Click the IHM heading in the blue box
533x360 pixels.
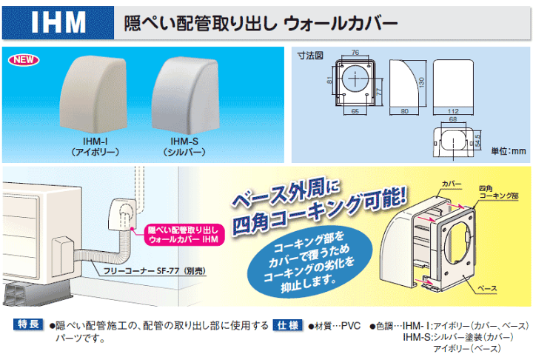58,22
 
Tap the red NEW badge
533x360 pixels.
24,60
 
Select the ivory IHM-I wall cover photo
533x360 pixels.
93,95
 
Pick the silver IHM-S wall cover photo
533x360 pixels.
186,96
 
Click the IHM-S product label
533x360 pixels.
184,141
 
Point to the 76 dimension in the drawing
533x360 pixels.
355,53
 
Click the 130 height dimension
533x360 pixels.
421,82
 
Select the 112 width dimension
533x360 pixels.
453,111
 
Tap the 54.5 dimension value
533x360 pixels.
478,141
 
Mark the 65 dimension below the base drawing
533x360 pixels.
355,111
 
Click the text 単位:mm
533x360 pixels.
508,151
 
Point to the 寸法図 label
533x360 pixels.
310,55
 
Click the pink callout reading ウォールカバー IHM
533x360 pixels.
183,235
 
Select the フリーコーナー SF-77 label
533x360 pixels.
154,271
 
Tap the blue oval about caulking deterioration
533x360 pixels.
309,263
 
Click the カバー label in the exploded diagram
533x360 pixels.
452,184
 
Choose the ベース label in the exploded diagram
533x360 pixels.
487,289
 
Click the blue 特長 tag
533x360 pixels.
28,324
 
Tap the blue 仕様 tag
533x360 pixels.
287,325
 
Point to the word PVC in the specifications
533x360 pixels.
350,326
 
